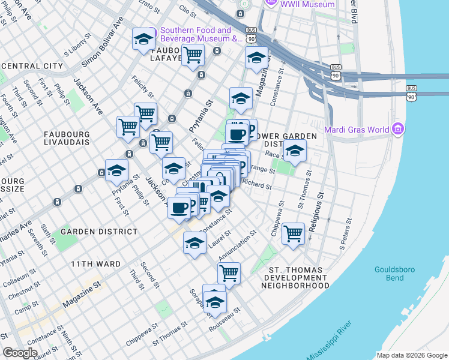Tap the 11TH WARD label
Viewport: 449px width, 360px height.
click(x=95, y=264)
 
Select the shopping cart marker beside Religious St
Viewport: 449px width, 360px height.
click(x=293, y=233)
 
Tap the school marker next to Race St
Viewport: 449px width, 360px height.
click(x=295, y=152)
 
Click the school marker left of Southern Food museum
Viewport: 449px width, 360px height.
click(x=143, y=40)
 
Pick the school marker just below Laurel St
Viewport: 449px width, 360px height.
click(x=194, y=244)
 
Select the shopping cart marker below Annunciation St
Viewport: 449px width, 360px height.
click(x=229, y=274)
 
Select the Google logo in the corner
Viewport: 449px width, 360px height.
click(x=20, y=353)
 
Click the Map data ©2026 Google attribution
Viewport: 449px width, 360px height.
click(x=412, y=355)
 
